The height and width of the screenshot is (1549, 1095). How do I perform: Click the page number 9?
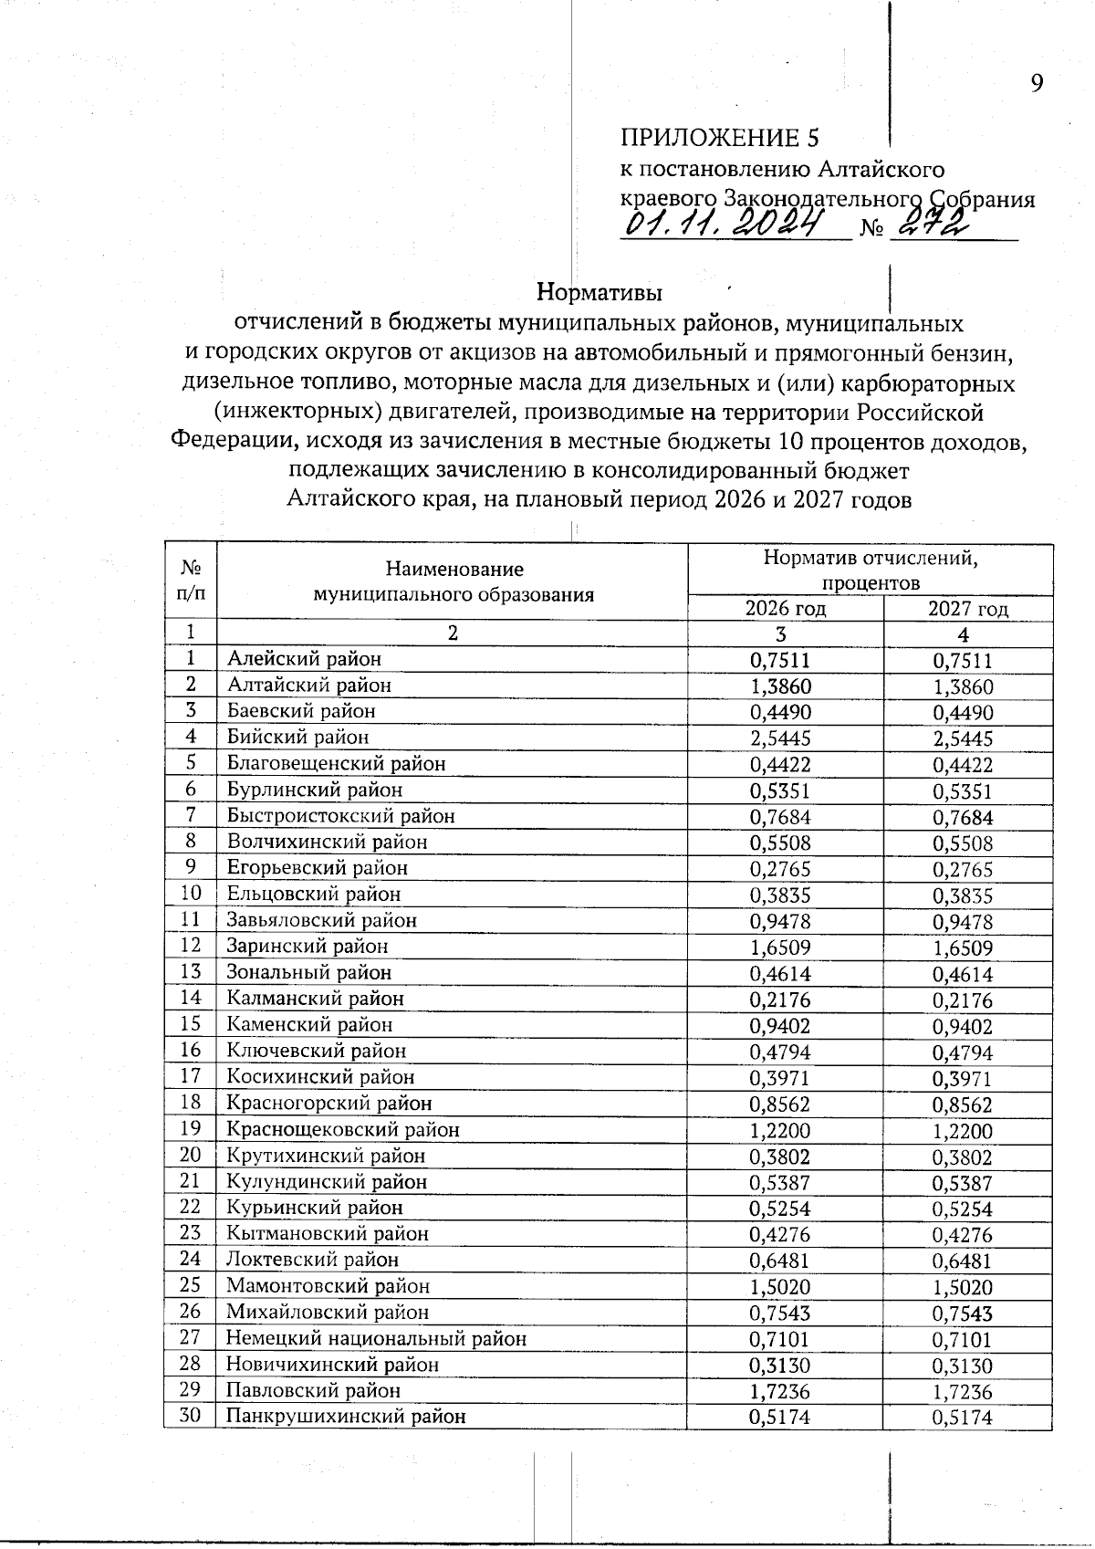[1037, 84]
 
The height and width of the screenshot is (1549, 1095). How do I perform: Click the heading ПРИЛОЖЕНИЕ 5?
[720, 138]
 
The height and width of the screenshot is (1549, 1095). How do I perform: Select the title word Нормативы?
[599, 293]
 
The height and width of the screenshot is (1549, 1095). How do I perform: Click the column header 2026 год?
[786, 609]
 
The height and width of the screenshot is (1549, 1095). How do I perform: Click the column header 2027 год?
[968, 609]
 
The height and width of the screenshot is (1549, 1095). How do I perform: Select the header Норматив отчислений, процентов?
[870, 570]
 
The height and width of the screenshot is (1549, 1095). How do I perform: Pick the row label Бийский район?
[298, 737]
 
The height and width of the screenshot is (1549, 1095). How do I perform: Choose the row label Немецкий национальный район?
[377, 1339]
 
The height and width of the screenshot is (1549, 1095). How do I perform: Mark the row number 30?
[190, 1417]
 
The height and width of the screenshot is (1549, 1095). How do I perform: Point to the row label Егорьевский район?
[318, 868]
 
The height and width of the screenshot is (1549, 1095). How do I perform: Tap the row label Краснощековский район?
[343, 1130]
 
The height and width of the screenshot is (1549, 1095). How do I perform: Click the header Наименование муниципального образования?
[454, 582]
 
